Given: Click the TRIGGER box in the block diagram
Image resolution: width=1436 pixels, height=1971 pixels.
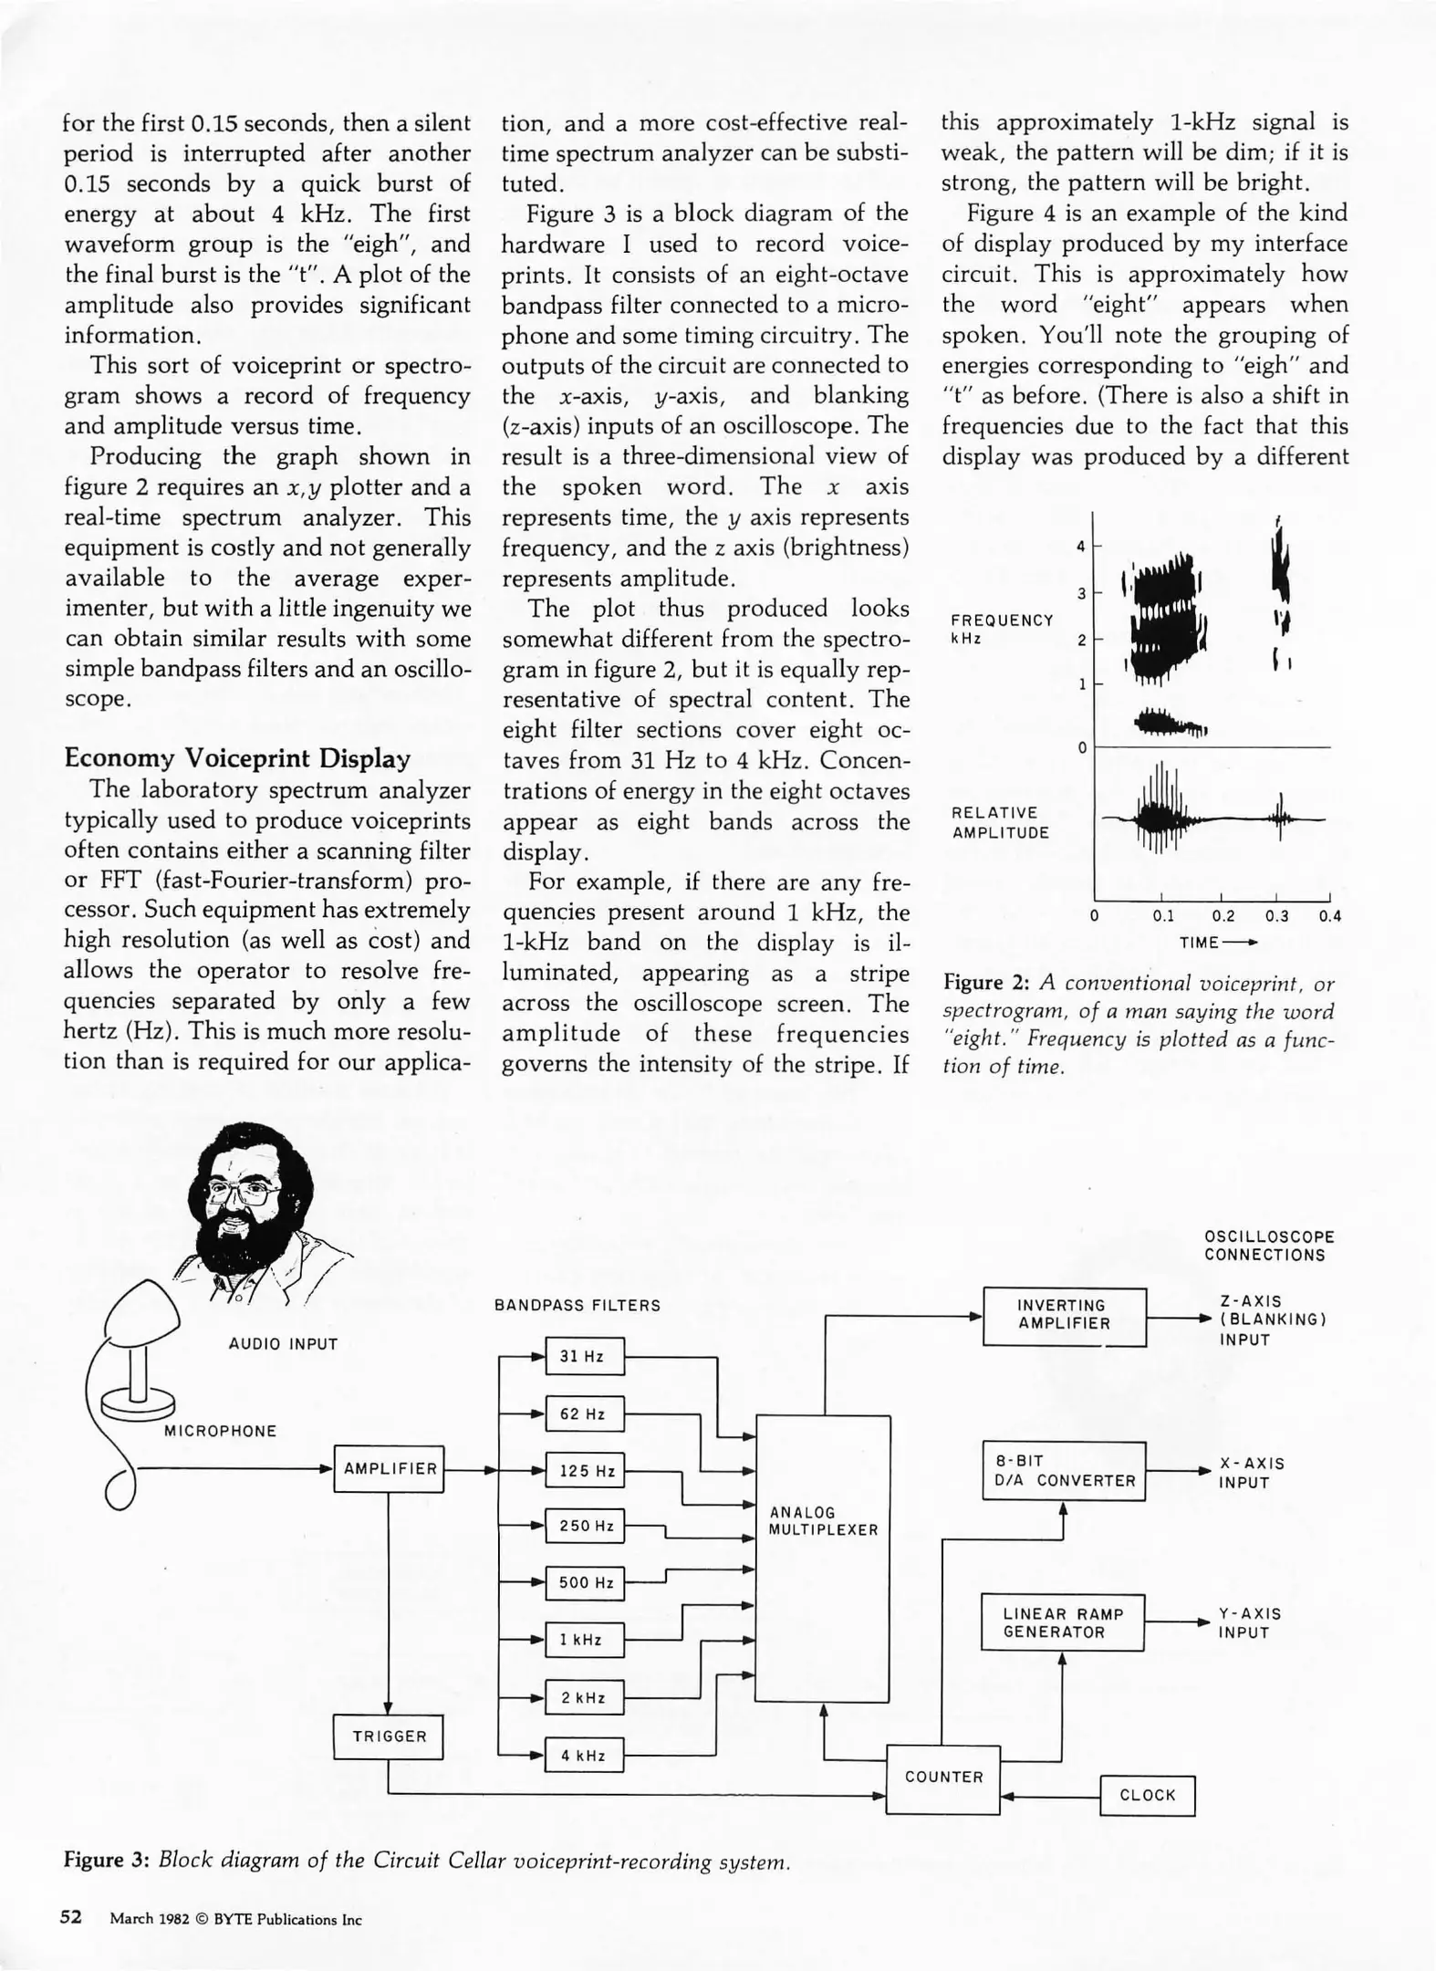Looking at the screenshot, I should click(389, 1736).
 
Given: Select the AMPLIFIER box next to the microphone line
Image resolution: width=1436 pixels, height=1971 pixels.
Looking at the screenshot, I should click(389, 1469).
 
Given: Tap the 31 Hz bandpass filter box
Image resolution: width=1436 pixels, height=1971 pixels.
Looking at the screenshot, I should click(584, 1356).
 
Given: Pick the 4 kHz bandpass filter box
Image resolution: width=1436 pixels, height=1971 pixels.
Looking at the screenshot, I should click(584, 1755).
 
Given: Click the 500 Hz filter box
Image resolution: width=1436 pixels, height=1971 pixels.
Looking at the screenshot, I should click(584, 1582).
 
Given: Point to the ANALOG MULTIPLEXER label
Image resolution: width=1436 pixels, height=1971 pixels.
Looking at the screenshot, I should click(822, 1522).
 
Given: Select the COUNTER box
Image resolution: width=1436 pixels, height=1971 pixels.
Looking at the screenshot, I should click(943, 1777).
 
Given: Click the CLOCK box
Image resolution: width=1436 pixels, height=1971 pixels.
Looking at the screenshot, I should click(1147, 1795).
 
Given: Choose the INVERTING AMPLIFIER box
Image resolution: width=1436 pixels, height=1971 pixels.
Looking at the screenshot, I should click(1064, 1315).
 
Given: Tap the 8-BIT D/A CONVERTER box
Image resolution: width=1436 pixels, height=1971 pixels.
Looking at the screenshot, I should click(1064, 1471).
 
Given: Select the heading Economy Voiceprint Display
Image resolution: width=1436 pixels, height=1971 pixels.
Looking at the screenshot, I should click(237, 758).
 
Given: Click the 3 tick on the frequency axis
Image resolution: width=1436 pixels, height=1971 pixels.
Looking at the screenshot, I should click(1082, 594).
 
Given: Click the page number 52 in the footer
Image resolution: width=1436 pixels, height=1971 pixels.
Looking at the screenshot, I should click(71, 1916).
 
